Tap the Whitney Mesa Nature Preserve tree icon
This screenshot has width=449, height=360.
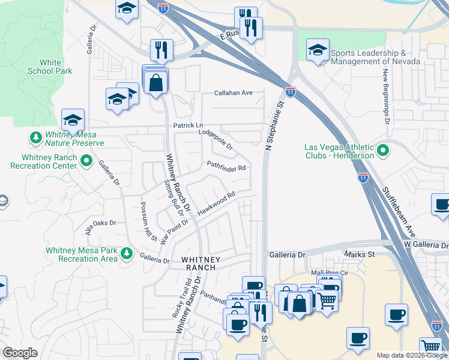click(x=36, y=137)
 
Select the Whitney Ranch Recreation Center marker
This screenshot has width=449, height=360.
click(x=86, y=161)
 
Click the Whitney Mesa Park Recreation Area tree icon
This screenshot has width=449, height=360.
click(x=126, y=254)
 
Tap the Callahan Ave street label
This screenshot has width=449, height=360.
click(x=234, y=93)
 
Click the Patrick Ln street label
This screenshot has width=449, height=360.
click(x=184, y=125)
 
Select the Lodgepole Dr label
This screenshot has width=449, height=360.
click(x=215, y=139)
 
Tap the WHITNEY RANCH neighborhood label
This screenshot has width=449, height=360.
click(x=202, y=263)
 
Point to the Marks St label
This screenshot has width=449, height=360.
click(x=360, y=254)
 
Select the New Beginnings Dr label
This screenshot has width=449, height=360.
click(x=387, y=96)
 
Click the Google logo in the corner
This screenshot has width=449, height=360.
click(x=20, y=353)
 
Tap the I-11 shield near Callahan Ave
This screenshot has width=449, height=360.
click(x=291, y=92)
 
